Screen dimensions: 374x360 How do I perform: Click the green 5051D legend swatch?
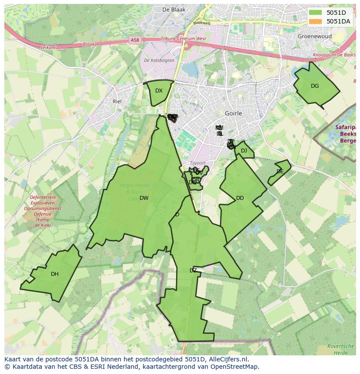coord(316,13)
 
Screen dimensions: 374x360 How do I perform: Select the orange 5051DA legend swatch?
coord(316,21)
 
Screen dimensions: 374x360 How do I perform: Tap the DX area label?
coord(159,91)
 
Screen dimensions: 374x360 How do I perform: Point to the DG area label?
coord(315,86)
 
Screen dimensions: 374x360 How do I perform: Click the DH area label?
coord(54,274)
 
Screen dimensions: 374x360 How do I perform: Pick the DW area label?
coord(144,198)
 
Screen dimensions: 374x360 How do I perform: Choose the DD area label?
coord(240,198)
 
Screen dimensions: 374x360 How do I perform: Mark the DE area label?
coord(280,172)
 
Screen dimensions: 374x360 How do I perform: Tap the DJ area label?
coord(244,151)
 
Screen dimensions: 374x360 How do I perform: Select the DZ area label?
coord(193,271)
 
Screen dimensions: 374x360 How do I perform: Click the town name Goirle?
coord(233,113)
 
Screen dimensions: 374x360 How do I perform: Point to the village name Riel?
coord(117,101)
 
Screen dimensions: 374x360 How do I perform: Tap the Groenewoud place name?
coord(314,36)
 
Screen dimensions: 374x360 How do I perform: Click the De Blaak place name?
coord(173,9)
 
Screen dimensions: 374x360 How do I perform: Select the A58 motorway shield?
coord(135,40)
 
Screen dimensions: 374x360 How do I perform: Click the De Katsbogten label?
coord(159,60)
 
